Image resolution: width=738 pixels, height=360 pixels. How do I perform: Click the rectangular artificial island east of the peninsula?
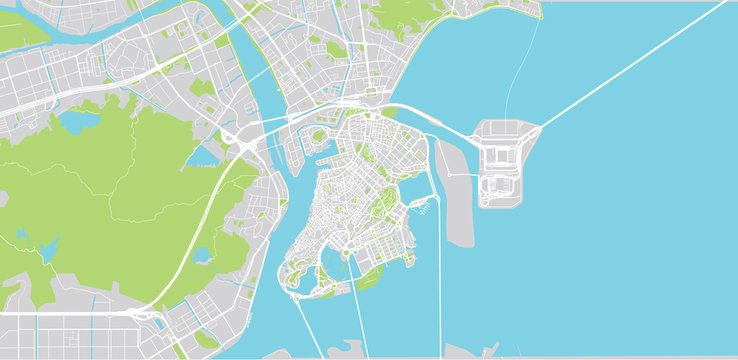coord(505,162)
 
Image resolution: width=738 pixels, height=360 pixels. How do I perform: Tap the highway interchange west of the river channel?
coord(241,144)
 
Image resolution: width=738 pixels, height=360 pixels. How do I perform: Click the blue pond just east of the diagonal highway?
coord(202,255)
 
